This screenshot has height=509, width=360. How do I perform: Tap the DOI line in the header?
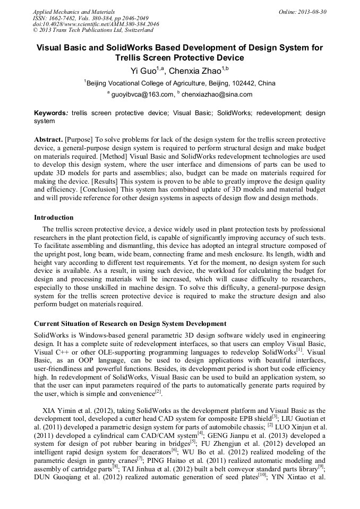[96, 24]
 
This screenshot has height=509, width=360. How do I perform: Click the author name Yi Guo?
[143, 71]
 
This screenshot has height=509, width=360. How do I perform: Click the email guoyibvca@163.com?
[142, 94]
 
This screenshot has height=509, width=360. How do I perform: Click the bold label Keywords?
[50, 113]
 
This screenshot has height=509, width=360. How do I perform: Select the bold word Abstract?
[48, 139]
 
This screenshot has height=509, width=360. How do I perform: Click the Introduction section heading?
[54, 218]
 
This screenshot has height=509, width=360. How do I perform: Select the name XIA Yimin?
[61, 411]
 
